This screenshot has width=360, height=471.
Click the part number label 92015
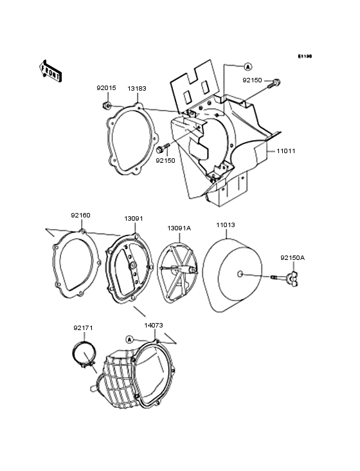click(107, 89)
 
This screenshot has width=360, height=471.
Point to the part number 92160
click(80, 216)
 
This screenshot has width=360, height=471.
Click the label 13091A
click(179, 228)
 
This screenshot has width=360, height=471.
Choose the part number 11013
click(225, 225)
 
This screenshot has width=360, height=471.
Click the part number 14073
click(153, 327)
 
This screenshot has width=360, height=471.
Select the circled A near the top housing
click(247, 66)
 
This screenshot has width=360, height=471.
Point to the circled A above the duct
click(130, 339)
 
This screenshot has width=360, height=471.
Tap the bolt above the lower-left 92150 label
click(160, 149)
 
